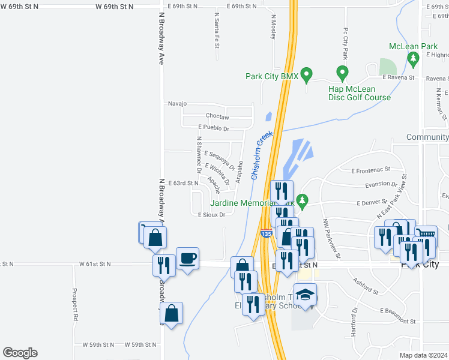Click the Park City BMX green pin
click(306, 75)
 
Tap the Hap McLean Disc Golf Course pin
click(342, 74)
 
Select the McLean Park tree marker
click(412, 59)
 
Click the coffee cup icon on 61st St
click(187, 257)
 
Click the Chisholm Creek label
click(262, 155)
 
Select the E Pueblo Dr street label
click(214, 128)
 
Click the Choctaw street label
click(218, 116)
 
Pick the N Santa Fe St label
click(217, 29)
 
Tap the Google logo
click(20, 353)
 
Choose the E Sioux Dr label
click(211, 214)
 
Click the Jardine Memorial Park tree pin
click(303, 200)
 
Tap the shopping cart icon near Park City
click(426, 235)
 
